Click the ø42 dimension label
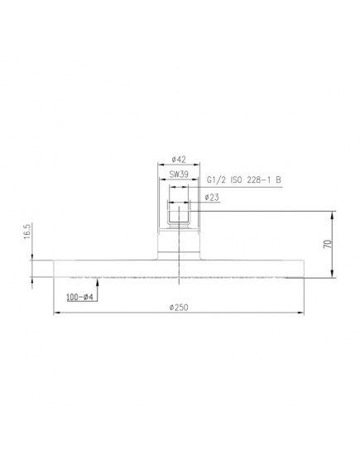pos(179,160)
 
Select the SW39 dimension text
pos(179,174)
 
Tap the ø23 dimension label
pos(212,198)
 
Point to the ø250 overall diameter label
pos(179,308)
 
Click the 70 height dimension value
pos(328,244)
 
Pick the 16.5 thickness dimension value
pos(27,232)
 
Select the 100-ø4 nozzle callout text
pos(80,297)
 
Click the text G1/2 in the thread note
pos(217,180)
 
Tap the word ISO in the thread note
pos(237,180)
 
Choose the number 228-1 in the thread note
pos(259,180)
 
